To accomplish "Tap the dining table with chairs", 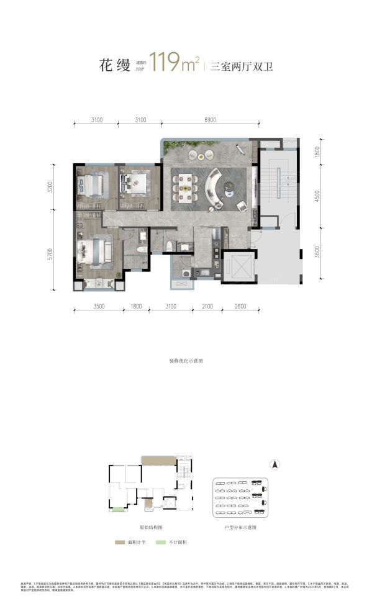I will tap(185, 184).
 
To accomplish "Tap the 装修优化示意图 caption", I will tap(186, 360).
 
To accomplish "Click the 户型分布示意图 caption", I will tap(241, 526).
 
